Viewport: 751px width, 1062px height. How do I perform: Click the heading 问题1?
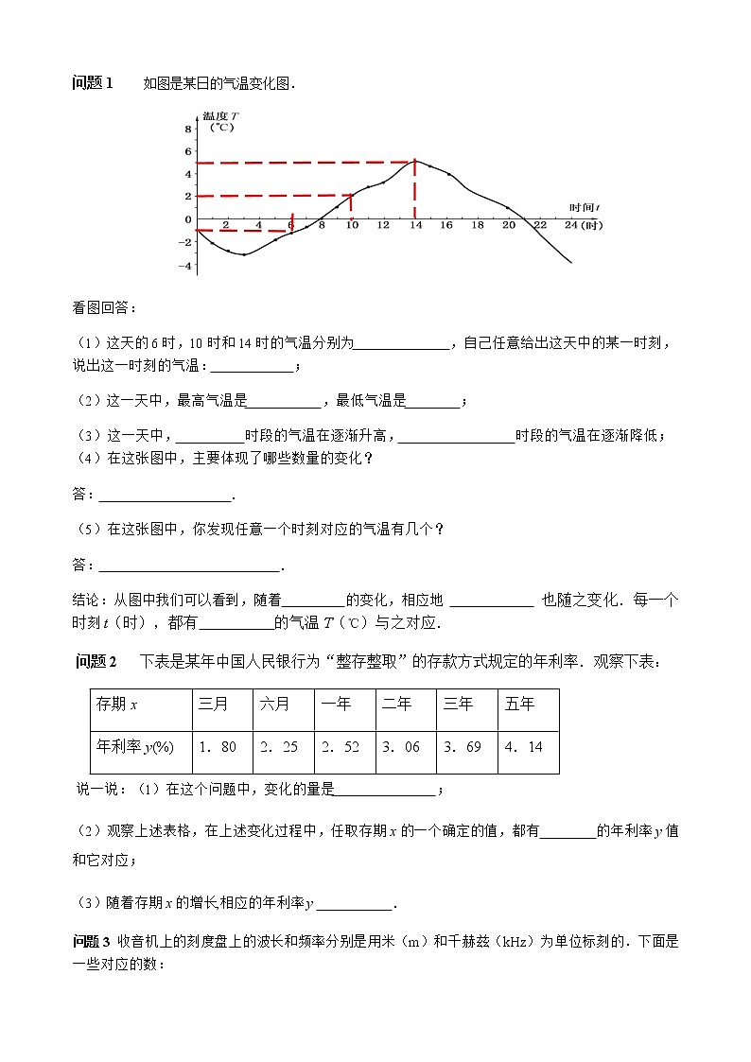(x=93, y=83)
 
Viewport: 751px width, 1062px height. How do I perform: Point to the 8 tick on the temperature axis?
(x=188, y=129)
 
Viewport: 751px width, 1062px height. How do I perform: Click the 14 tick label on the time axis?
(x=414, y=226)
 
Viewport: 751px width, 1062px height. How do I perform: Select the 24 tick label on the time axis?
(x=570, y=226)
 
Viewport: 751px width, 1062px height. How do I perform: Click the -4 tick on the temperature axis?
(x=187, y=266)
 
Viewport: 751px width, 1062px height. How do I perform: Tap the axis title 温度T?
(x=220, y=114)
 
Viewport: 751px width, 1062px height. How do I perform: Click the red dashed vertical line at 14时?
(x=414, y=194)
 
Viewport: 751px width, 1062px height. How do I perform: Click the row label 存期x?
(x=117, y=704)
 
